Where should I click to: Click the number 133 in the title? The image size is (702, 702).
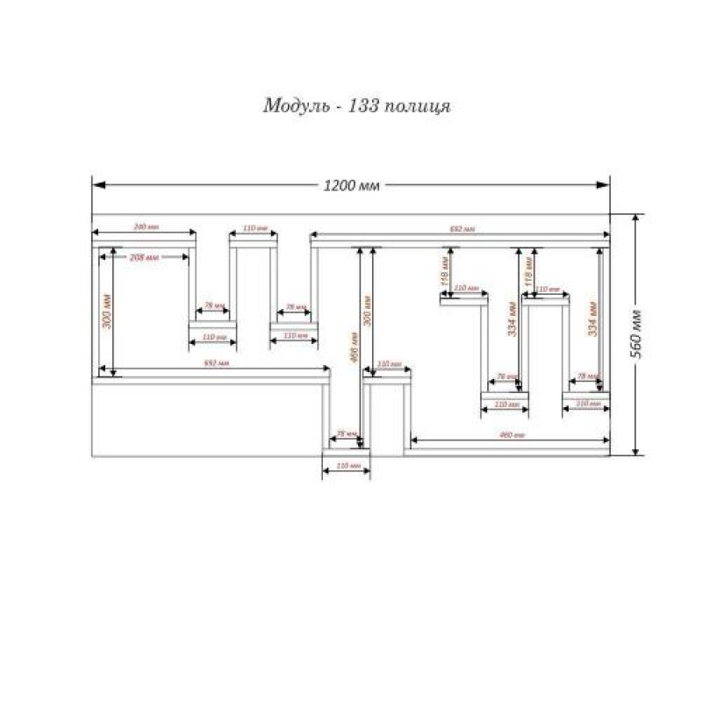[x=364, y=107]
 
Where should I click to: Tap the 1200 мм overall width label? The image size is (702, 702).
[x=351, y=185]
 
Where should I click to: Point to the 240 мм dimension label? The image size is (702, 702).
[x=145, y=227]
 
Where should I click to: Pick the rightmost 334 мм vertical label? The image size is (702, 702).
[x=593, y=319]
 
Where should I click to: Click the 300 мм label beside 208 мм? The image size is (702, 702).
[x=106, y=312]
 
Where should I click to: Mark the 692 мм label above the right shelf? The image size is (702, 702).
[x=462, y=228]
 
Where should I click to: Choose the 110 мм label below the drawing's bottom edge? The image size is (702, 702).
[x=347, y=466]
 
